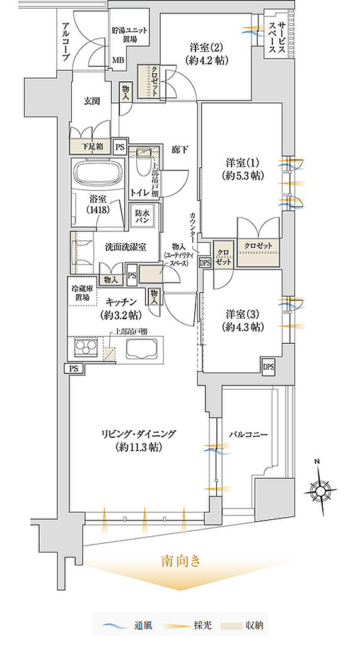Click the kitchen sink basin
click(x=142, y=349)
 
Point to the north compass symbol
click(x=320, y=490)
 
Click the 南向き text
click(x=181, y=561)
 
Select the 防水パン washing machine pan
click(x=142, y=216)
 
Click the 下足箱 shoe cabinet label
click(x=90, y=146)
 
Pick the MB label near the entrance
click(x=118, y=60)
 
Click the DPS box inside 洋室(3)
click(x=269, y=366)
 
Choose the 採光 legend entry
click(x=186, y=626)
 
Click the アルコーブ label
click(x=66, y=42)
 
